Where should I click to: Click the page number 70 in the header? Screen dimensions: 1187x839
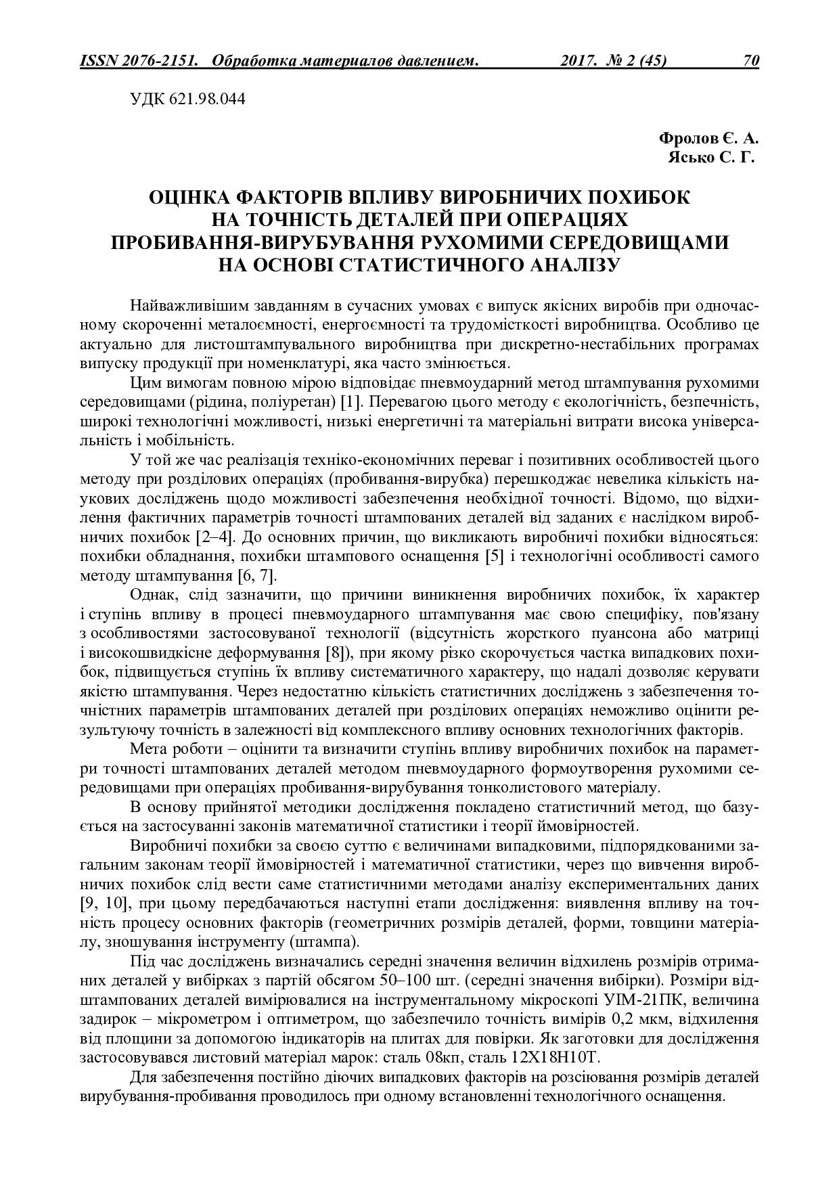[x=751, y=61]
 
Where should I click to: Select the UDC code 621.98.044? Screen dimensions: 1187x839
[x=212, y=99]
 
